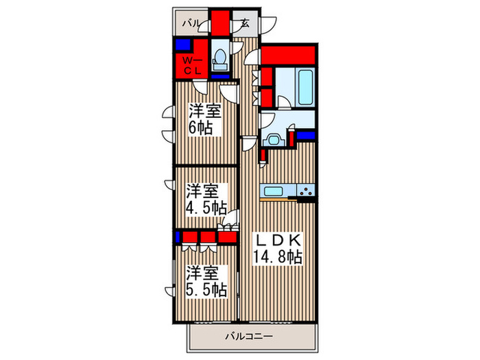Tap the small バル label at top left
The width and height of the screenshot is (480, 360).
(191, 23)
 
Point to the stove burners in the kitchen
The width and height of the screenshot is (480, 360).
(305, 190)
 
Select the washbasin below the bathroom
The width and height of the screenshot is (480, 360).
(274, 140)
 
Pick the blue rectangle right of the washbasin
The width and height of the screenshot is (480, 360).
(307, 135)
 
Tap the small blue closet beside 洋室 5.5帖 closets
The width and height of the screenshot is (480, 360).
(178, 237)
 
